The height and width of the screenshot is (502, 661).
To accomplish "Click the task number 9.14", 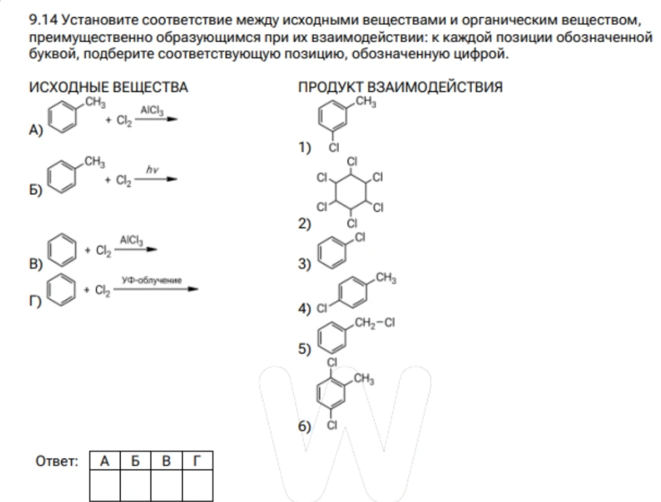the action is coord(43,20).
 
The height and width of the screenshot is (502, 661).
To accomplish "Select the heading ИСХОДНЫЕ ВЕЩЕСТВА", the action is coord(109,88).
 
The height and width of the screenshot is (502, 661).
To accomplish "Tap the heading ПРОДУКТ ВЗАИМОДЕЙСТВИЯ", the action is coord(400,88).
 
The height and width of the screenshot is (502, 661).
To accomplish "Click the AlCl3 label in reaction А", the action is coord(152,111).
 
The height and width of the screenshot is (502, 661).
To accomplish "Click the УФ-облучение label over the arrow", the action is coord(152,280).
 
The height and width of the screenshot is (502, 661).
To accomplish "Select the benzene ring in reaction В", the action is coord(62,250).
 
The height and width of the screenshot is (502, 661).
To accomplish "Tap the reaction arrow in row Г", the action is coord(155,289).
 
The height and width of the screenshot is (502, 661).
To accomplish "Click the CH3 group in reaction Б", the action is coord(94,162).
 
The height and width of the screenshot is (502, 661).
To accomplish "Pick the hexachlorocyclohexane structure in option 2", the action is coord(350,193).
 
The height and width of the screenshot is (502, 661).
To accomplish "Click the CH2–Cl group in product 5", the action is coord(375,323).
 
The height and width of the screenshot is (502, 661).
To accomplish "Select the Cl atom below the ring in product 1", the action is coord(333,147).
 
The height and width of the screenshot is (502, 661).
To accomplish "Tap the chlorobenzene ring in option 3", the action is coord(332,253).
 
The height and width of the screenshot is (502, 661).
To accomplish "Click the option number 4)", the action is coord(304,309).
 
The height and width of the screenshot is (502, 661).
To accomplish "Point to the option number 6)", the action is coord(304,426).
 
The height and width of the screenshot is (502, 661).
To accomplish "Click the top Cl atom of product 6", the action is coord(332,362).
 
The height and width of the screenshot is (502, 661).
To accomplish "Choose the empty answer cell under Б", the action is coord(136,485).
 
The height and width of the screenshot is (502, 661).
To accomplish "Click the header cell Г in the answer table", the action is coord(198,461).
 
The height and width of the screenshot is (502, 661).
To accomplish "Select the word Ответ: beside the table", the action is coord(57,461).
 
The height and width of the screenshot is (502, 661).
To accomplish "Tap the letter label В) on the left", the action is coord(36,264).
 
